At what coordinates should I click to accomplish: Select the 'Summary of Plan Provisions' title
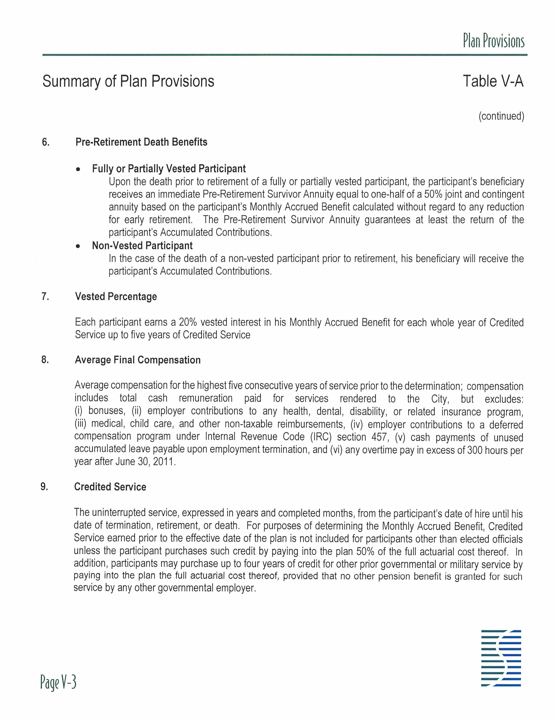tap(128, 81)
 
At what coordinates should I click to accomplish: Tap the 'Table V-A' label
tap(493, 81)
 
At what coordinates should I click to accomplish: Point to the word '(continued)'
tap(501, 116)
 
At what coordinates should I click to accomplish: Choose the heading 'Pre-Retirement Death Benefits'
tap(141, 142)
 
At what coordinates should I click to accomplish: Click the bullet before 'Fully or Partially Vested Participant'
tap(78, 169)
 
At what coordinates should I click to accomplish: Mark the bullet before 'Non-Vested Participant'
tap(78, 246)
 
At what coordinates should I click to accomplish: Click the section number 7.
tap(45, 297)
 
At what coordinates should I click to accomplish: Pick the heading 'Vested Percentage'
tap(116, 297)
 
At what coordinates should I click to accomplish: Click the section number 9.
tap(44, 487)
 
